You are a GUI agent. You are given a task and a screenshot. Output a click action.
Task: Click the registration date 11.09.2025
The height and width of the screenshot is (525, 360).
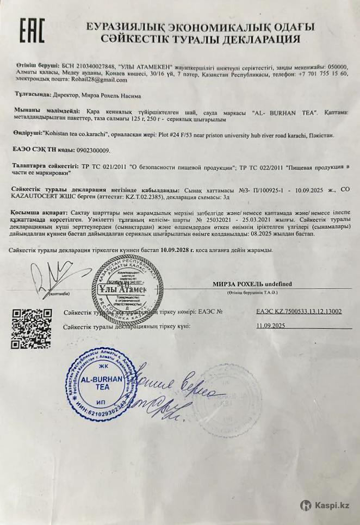tap(271, 325)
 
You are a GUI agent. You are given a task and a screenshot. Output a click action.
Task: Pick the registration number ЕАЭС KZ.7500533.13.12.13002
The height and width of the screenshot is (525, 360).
tap(299, 312)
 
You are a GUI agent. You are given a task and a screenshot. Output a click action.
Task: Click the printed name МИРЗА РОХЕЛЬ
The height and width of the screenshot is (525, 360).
tap(235, 283)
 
